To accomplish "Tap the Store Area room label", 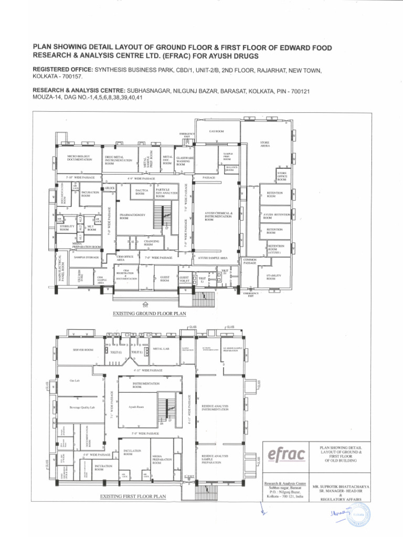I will tap(265, 144).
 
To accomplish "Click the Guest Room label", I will tap(165, 279).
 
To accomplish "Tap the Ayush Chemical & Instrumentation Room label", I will tap(218, 216).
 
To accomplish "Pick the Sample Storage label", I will tap(87, 257).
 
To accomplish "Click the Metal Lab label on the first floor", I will tap(161, 348).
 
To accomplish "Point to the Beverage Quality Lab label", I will tap(81, 407).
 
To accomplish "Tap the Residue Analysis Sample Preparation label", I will tap(215, 459).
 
